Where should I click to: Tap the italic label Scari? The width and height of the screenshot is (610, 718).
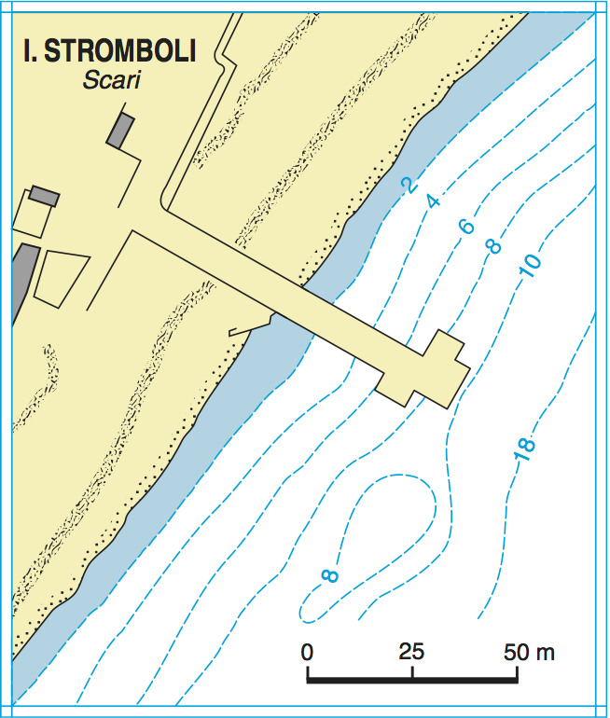pyautogui.click(x=110, y=80)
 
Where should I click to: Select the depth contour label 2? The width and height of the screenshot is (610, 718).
pyautogui.click(x=408, y=185)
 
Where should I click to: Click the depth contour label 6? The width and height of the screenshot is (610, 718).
pyautogui.click(x=466, y=225)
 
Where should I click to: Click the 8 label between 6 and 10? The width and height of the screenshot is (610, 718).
pyautogui.click(x=493, y=246)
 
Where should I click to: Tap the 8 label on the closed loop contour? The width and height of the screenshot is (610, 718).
pyautogui.click(x=329, y=575)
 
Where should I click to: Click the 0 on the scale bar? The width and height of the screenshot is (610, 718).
pyautogui.click(x=308, y=651)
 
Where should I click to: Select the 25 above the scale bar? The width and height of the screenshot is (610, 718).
pyautogui.click(x=411, y=651)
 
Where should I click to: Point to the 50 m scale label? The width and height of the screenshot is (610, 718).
pyautogui.click(x=530, y=651)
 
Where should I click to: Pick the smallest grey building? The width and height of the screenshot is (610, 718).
pyautogui.click(x=44, y=195)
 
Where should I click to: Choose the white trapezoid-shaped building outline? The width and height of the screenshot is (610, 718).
pyautogui.click(x=62, y=277)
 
